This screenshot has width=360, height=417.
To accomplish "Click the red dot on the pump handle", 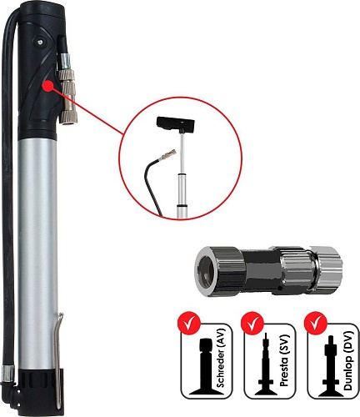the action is (x=47, y=86).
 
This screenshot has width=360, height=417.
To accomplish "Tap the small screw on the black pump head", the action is (x=41, y=42).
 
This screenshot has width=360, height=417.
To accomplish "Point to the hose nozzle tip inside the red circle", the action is (x=169, y=153).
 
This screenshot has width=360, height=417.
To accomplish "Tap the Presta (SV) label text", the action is (x=284, y=362).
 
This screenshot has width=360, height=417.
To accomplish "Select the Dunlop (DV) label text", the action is (x=348, y=361).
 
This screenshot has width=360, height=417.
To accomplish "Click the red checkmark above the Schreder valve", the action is (x=188, y=323).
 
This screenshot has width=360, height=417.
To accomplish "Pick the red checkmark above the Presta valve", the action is (x=252, y=323).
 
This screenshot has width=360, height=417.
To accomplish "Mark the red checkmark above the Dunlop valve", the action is (x=315, y=323).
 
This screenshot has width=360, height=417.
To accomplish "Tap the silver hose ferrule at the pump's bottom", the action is (x=7, y=373).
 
